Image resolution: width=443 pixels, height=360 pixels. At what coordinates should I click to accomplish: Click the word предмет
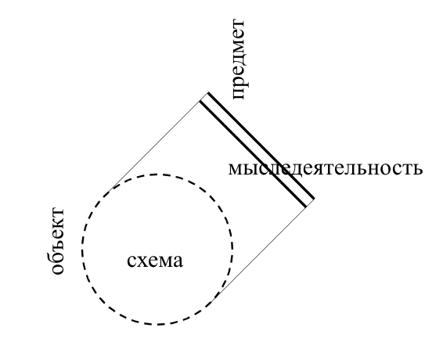239,59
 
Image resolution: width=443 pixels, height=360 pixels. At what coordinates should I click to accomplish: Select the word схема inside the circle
155,261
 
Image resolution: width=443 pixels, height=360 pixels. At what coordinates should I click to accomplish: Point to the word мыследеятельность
326,169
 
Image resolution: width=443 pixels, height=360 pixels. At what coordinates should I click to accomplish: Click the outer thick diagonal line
261,146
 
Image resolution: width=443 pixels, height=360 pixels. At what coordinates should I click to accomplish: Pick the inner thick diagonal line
253,154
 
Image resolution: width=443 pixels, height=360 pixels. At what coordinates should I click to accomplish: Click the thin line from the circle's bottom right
261,252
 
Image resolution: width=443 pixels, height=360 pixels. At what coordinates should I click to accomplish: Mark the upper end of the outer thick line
208,92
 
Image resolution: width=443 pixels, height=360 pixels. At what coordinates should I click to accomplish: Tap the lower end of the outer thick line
314,199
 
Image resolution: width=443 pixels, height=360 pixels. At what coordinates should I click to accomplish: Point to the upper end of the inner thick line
200,101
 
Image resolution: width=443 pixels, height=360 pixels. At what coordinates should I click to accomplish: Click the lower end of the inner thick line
306,207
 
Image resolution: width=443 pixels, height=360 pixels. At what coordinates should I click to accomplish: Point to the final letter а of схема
178,261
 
